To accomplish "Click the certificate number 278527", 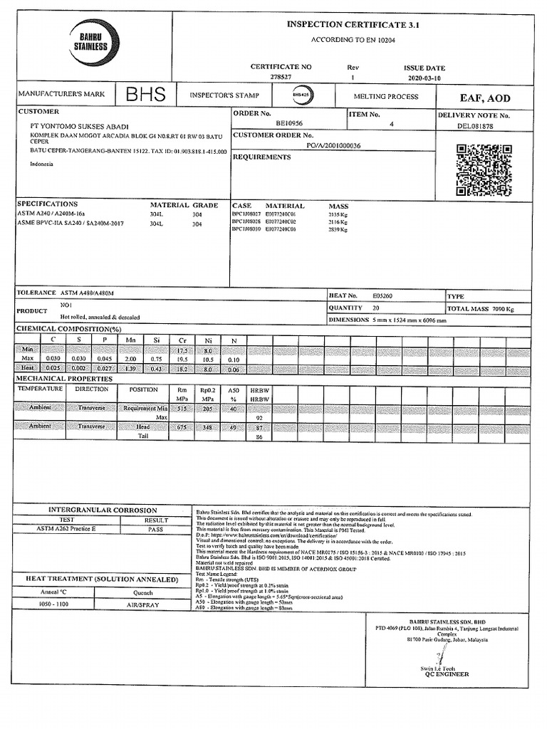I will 281,78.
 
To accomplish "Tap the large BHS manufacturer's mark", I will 145,95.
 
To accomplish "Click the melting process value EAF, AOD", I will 484,98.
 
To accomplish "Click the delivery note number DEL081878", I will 475,126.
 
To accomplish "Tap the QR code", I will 484,169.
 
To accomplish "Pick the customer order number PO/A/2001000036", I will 333,145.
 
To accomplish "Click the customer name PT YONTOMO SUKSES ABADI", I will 78,126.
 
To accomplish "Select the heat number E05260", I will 382,295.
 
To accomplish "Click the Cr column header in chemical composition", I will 182,341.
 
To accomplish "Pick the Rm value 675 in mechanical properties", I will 182,426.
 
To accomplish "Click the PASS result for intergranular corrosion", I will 155,529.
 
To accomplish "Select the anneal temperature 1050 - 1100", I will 54,604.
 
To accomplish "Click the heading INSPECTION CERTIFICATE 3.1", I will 353,24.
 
